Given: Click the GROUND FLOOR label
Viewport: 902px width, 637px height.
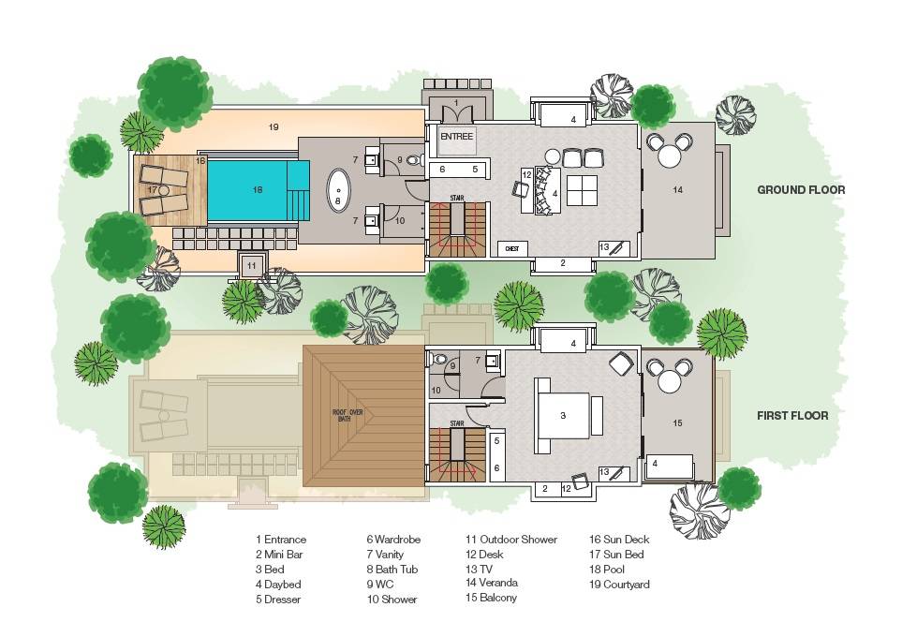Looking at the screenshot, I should tap(801, 189).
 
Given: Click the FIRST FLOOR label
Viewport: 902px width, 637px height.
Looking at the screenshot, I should tap(792, 415).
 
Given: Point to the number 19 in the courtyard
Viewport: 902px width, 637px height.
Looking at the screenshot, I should tap(274, 126).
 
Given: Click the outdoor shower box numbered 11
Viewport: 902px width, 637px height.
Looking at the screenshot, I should tap(251, 266).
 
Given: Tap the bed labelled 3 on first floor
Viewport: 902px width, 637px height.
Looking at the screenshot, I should tap(562, 415).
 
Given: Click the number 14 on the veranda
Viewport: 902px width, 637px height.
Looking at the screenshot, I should tap(677, 189).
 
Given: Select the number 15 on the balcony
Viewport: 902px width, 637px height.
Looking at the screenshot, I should tap(678, 422).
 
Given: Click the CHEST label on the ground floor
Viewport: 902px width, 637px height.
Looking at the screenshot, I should tap(512, 249).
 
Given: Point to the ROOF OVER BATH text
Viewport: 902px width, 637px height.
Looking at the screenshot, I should tap(347, 415).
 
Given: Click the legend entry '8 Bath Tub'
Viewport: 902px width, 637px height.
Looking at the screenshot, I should tap(392, 570).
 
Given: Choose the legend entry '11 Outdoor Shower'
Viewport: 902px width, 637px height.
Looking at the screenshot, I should tap(510, 540).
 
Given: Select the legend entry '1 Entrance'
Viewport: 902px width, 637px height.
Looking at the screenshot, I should tap(280, 540).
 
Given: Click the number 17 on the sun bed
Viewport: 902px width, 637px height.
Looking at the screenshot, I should tap(152, 189).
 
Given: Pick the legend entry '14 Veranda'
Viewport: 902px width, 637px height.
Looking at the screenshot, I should tap(492, 583).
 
